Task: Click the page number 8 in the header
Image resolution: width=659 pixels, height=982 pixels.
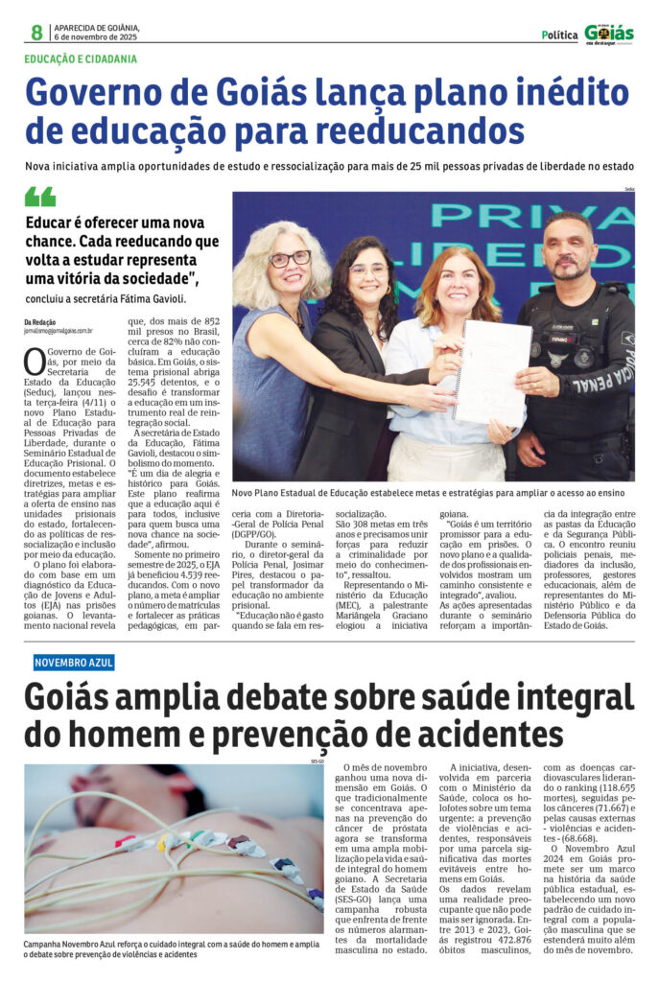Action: click(x=36, y=33)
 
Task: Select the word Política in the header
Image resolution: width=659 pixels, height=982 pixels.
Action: click(x=559, y=35)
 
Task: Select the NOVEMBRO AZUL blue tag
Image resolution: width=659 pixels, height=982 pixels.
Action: click(x=74, y=662)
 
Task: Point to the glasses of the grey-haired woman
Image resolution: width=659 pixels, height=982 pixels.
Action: click(x=290, y=259)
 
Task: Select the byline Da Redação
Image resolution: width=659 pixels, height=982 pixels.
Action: click(x=40, y=321)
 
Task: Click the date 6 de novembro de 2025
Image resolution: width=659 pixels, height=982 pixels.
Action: click(x=97, y=37)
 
